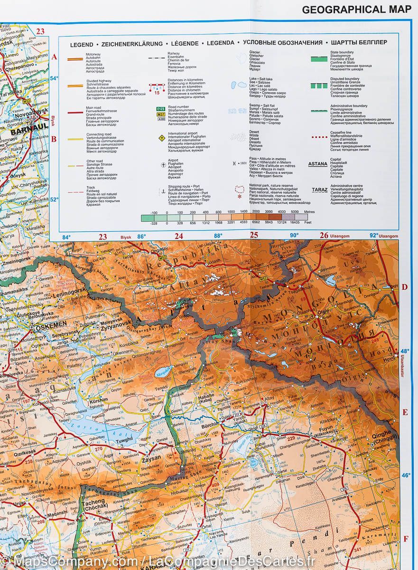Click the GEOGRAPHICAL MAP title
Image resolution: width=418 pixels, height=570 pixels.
point(356,9)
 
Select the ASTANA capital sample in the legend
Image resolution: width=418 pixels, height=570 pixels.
point(317,164)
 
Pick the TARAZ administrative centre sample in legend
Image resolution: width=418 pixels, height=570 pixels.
point(319,190)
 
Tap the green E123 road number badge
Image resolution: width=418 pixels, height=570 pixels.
point(161,109)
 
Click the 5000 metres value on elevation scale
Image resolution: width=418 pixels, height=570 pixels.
point(295,212)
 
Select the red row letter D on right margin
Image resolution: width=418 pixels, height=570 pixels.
point(405,286)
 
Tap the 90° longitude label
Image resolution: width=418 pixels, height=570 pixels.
point(294,235)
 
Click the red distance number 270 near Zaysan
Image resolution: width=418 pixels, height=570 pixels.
point(99,449)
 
